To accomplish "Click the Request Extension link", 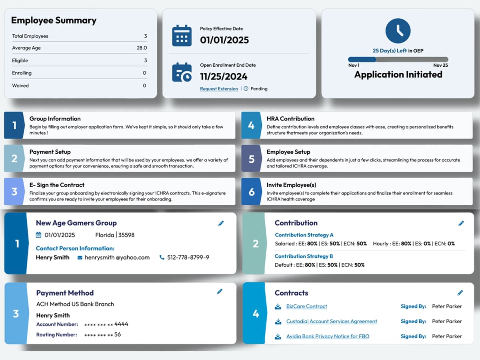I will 219,89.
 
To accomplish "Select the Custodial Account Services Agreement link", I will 331,321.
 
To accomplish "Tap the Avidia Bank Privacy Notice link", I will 328,336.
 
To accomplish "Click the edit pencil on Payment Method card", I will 220,292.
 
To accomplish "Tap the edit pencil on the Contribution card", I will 461,223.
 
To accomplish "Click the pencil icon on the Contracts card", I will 460,293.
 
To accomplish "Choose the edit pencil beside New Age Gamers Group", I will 221,223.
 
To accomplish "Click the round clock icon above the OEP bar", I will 398,30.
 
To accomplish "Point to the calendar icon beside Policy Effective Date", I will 182,36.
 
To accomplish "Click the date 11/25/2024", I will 224,77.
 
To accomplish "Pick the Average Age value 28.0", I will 142,48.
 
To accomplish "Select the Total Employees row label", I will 30,36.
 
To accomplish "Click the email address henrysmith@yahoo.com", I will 117,258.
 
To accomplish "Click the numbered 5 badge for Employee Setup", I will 251,159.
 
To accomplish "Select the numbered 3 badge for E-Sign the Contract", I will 14,192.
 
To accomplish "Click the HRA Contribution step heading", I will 290,119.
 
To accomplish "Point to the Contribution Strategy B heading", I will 304,256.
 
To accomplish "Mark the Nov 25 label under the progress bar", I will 440,65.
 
